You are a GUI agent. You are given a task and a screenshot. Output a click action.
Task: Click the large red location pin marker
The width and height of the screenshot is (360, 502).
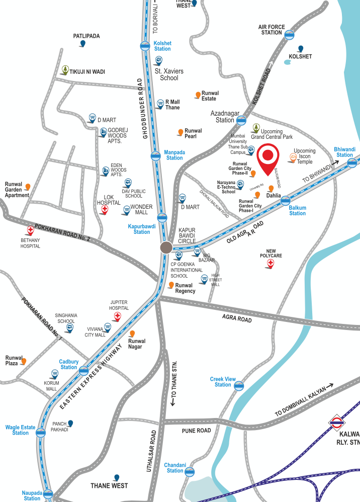pyautogui.click(x=268, y=156)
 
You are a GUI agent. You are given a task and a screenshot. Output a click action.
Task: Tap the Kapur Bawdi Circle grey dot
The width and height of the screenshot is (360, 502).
pyautogui.click(x=166, y=247)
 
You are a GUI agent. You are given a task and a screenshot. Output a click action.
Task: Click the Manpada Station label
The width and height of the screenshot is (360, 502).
pyautogui.click(x=174, y=155)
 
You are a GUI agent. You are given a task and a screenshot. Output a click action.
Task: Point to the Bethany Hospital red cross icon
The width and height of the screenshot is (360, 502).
pyautogui.click(x=30, y=230)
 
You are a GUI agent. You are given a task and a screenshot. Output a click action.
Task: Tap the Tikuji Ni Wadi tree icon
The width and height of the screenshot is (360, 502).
pyautogui.click(x=65, y=69)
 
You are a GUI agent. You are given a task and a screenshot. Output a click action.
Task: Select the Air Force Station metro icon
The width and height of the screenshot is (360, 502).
pyautogui.click(x=289, y=35)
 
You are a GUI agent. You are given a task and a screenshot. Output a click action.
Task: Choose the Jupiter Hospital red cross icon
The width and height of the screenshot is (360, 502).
pyautogui.click(x=118, y=316)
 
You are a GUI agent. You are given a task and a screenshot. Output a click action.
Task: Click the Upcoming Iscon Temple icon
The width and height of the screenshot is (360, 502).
pyautogui.click(x=292, y=158)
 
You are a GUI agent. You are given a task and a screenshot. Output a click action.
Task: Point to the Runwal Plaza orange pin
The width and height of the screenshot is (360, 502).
pyautogui.click(x=23, y=361)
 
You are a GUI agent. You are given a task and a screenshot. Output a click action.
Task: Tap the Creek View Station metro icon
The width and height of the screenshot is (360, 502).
pyautogui.click(x=239, y=386)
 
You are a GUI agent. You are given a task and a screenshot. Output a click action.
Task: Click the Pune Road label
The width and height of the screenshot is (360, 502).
pyautogui.click(x=196, y=431)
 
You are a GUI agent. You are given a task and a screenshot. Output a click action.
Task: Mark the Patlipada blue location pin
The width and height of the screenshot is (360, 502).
pyautogui.click(x=82, y=44)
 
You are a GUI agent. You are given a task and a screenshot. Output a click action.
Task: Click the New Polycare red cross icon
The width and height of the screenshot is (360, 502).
pyautogui.click(x=271, y=263)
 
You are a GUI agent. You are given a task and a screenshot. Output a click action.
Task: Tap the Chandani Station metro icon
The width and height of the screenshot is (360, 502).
pyautogui.click(x=190, y=471)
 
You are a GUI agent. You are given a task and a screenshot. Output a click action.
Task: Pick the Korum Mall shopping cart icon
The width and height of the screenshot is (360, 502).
pyautogui.click(x=54, y=374)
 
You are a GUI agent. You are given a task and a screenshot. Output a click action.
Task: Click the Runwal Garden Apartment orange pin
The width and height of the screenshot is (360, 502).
pyautogui.click(x=28, y=187)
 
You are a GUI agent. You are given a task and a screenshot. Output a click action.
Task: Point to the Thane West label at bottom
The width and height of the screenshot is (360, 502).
pyautogui.click(x=109, y=486)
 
